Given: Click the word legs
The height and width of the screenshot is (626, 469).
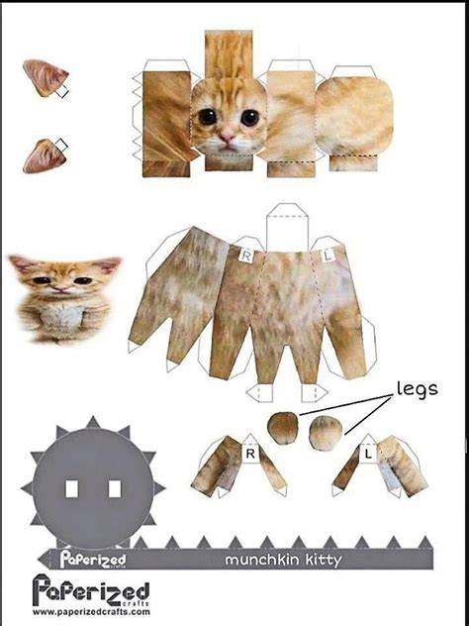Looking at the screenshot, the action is coord(417,388).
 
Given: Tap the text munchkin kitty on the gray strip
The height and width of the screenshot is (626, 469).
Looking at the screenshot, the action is coord(284,560).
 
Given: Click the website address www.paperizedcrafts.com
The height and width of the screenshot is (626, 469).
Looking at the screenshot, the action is coord(91,612).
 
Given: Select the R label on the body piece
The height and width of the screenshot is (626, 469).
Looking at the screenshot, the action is coord(246,256).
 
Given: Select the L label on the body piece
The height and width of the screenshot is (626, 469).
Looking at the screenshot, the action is coord(328,256).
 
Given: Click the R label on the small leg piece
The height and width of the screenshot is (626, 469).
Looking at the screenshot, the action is coord(250,454).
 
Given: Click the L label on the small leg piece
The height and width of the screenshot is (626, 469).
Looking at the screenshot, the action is coord(368,454).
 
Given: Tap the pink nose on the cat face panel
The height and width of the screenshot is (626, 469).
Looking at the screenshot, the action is coord(228,138).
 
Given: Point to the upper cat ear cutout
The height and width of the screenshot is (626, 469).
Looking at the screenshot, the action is coord(45,78).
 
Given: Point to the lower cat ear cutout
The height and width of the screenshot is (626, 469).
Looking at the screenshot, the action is coord(45,156).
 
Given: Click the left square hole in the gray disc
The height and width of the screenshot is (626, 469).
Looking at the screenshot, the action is coord(71,489).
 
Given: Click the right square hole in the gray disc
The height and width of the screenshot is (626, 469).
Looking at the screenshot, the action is coord(115,489).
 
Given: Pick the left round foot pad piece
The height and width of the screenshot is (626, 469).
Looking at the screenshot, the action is coord(283,428).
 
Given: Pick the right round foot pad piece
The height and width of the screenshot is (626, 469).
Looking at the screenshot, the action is coord(326,433).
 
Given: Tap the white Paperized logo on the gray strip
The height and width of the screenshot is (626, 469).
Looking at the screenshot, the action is coord(93,560).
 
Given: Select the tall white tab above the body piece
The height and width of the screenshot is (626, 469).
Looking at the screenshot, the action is coord(287,228).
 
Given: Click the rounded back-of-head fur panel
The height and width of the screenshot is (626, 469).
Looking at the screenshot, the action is coord(354,115).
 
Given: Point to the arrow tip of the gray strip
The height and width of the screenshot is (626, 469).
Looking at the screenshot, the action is coord(39,560).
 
